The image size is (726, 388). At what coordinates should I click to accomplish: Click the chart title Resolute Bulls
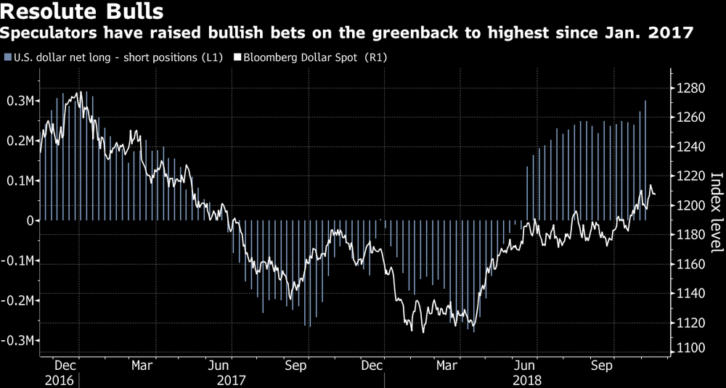(x=81, y=12)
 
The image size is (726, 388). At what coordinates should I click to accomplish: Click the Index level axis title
(x=715, y=212)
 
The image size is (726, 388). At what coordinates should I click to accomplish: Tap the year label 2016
(x=60, y=379)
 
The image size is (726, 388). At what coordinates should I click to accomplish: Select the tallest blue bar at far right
(x=645, y=160)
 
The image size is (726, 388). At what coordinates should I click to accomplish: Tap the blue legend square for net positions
(x=7, y=57)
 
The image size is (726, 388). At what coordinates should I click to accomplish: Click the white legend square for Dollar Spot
(x=237, y=57)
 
